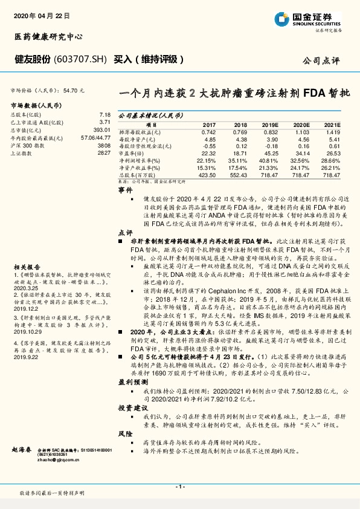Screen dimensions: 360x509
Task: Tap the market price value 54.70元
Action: click(72, 89)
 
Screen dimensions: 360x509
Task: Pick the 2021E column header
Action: click(332, 123)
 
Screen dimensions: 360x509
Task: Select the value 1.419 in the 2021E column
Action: click(332, 131)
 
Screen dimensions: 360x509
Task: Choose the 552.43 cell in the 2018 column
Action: click(240, 175)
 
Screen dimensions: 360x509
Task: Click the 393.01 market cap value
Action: click(101, 129)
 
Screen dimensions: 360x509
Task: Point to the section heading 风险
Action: click(124, 434)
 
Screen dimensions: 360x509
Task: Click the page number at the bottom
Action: click(179, 487)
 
